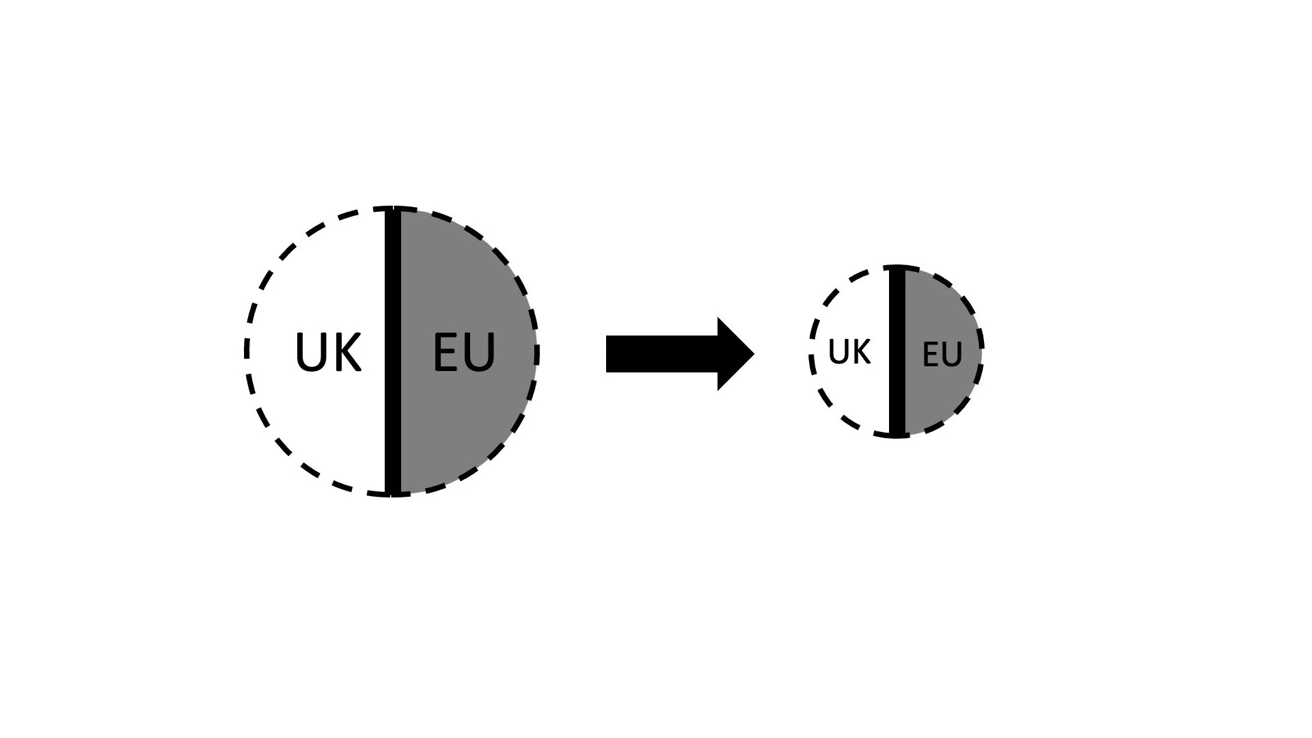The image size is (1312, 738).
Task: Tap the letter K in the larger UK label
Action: point(346,353)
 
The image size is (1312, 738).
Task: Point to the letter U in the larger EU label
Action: point(480,353)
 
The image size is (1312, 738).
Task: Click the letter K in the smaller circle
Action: point(861,352)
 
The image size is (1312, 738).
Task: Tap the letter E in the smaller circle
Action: point(931,355)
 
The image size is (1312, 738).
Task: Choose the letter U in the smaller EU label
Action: point(952,355)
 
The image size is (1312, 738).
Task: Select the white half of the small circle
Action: point(854,396)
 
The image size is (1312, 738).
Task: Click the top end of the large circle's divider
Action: point(392,210)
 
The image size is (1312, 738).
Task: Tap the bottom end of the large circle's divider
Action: point(392,492)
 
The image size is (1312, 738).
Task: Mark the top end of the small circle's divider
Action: point(897,269)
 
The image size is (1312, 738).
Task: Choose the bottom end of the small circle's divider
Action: point(897,433)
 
